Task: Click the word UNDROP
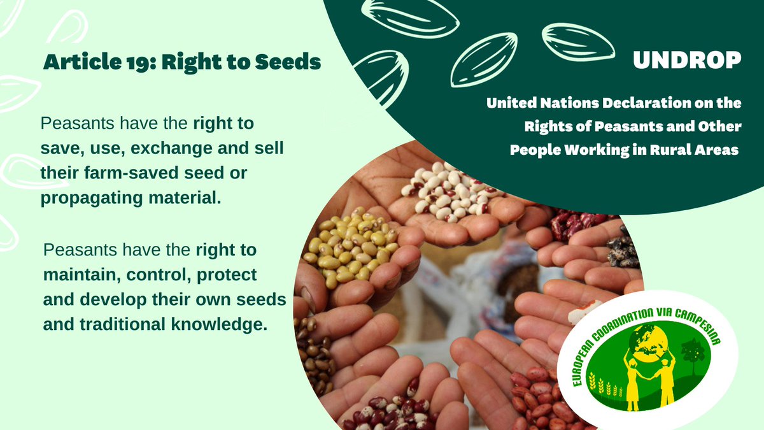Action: click(x=687, y=60)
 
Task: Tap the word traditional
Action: click(x=124, y=324)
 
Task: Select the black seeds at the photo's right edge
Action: click(x=625, y=249)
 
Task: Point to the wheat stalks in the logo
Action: click(x=605, y=386)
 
